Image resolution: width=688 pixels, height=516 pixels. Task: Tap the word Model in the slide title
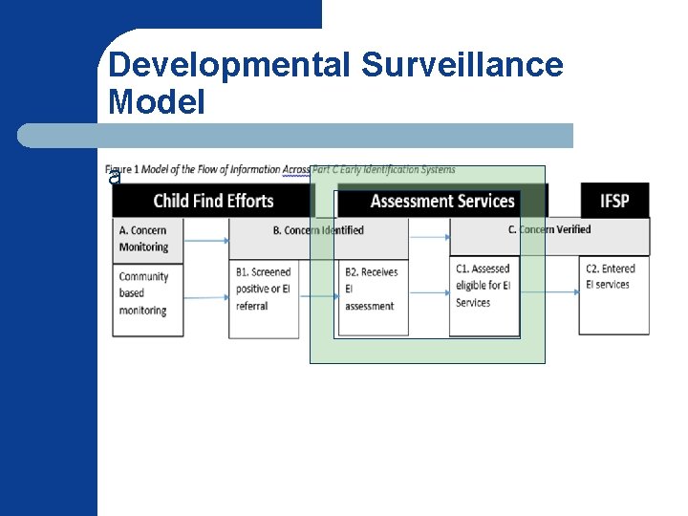tap(157, 101)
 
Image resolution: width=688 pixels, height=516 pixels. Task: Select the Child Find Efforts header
tap(214, 201)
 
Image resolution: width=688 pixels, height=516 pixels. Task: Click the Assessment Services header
tap(442, 201)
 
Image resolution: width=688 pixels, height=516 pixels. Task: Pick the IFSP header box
tap(614, 201)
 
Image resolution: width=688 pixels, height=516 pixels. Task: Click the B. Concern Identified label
tap(318, 230)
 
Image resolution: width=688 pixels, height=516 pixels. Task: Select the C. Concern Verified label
tap(549, 229)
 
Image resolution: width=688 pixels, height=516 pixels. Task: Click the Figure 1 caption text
tap(283, 170)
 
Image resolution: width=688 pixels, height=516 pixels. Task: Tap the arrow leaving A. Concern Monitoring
tap(205, 240)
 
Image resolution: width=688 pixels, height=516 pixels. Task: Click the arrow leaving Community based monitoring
tap(205, 297)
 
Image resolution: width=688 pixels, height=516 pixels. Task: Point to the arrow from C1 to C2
tap(549, 291)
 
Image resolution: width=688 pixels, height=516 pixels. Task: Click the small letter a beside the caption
tap(115, 179)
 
